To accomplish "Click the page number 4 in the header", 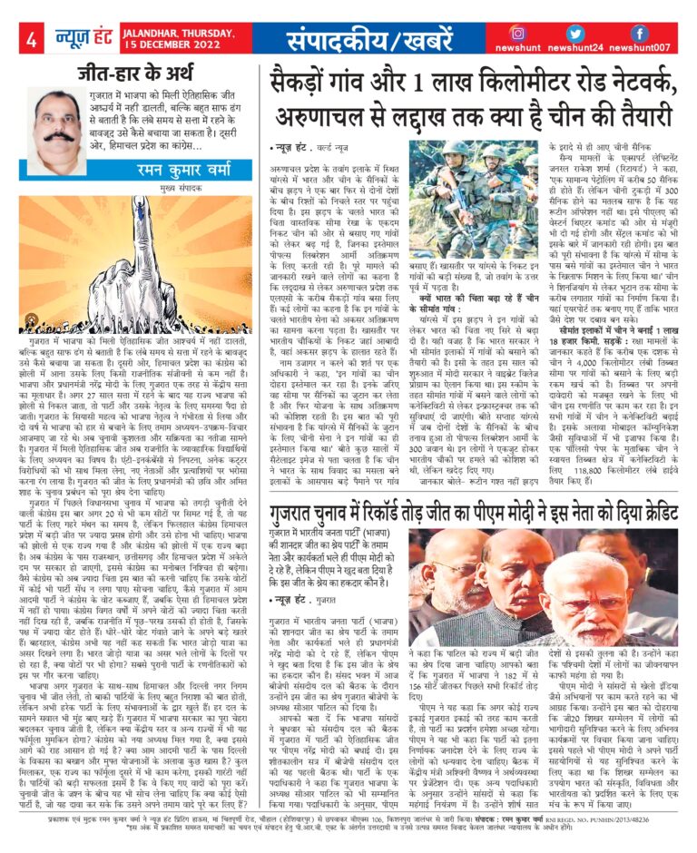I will click(x=32, y=39).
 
